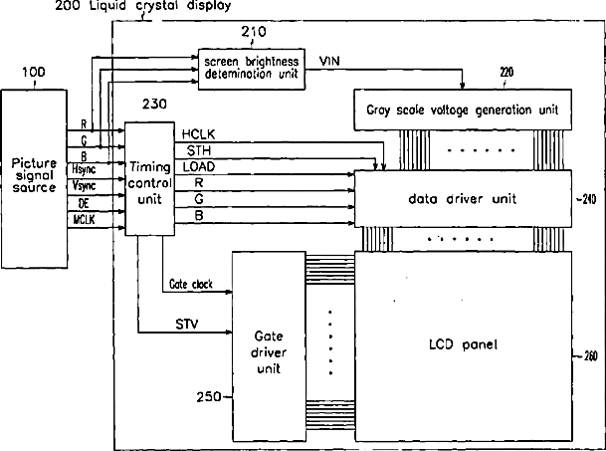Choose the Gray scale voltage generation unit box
click(x=456, y=107)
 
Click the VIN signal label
click(x=332, y=63)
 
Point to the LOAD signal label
click(x=195, y=167)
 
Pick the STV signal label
click(x=187, y=324)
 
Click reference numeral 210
click(x=253, y=33)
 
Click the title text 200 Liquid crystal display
click(x=143, y=6)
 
